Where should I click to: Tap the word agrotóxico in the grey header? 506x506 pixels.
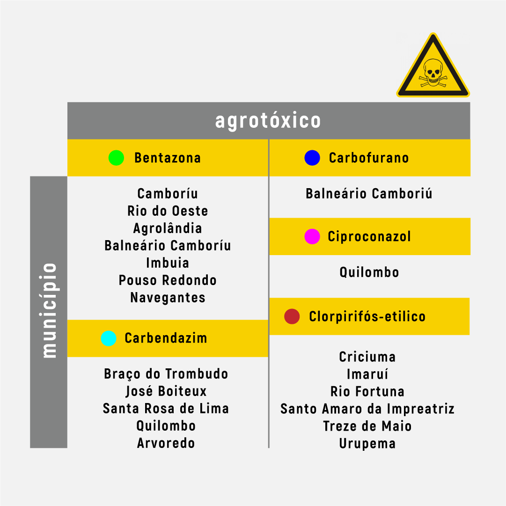click(x=268, y=121)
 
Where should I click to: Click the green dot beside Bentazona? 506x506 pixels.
click(x=116, y=158)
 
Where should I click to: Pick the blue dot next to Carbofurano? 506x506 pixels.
click(x=312, y=158)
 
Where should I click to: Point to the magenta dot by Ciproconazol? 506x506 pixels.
click(x=312, y=236)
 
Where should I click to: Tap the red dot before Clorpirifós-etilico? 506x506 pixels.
click(x=292, y=316)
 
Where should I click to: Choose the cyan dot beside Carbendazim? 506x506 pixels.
click(x=109, y=338)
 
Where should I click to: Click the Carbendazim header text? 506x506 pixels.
click(x=166, y=338)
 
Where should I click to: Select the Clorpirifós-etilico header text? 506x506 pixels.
click(x=367, y=316)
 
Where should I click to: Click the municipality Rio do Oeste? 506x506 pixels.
click(x=168, y=211)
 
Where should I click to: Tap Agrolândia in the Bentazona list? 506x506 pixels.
click(x=168, y=228)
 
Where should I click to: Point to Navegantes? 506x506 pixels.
click(x=168, y=298)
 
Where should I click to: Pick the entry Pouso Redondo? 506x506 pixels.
click(x=168, y=280)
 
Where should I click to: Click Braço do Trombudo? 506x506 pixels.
click(x=166, y=374)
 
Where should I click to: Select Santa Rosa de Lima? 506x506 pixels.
click(x=166, y=409)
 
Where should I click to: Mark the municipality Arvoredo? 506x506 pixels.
click(x=166, y=443)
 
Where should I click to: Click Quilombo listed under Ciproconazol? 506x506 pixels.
click(x=369, y=272)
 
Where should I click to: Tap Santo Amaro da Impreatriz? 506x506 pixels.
click(x=367, y=409)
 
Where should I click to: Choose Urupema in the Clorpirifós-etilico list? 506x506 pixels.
click(x=367, y=444)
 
